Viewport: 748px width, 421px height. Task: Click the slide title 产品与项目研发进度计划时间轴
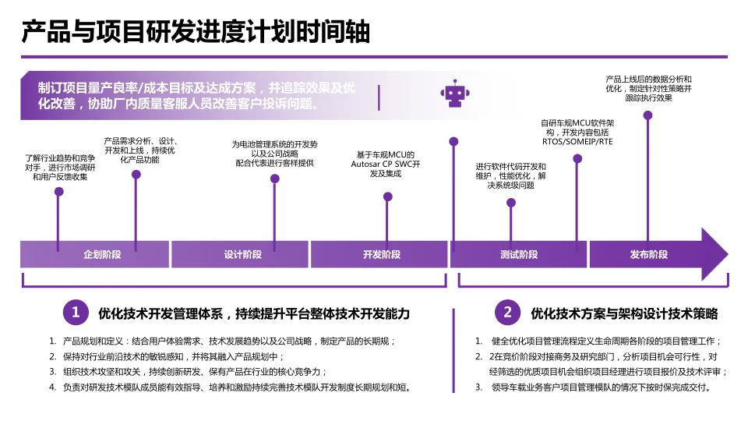coord(195,33)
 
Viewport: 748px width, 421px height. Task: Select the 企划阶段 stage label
coord(102,255)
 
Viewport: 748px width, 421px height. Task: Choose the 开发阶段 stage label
coord(381,255)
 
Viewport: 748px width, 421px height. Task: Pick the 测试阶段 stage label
coord(519,255)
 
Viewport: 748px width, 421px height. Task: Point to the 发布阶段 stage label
coord(648,255)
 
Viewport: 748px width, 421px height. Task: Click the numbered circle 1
coord(76,313)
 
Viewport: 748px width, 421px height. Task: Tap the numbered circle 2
coord(507,313)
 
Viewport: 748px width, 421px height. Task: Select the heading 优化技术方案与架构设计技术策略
coord(623,313)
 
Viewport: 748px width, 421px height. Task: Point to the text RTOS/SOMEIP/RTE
coord(577,142)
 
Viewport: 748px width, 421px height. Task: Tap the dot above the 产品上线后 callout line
coord(647,115)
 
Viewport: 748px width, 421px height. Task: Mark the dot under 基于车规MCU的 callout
coord(388,196)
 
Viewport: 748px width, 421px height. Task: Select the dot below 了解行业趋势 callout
coord(58,191)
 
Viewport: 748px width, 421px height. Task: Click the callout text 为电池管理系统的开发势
coord(274,143)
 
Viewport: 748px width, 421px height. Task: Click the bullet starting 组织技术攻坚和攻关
coord(195,371)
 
